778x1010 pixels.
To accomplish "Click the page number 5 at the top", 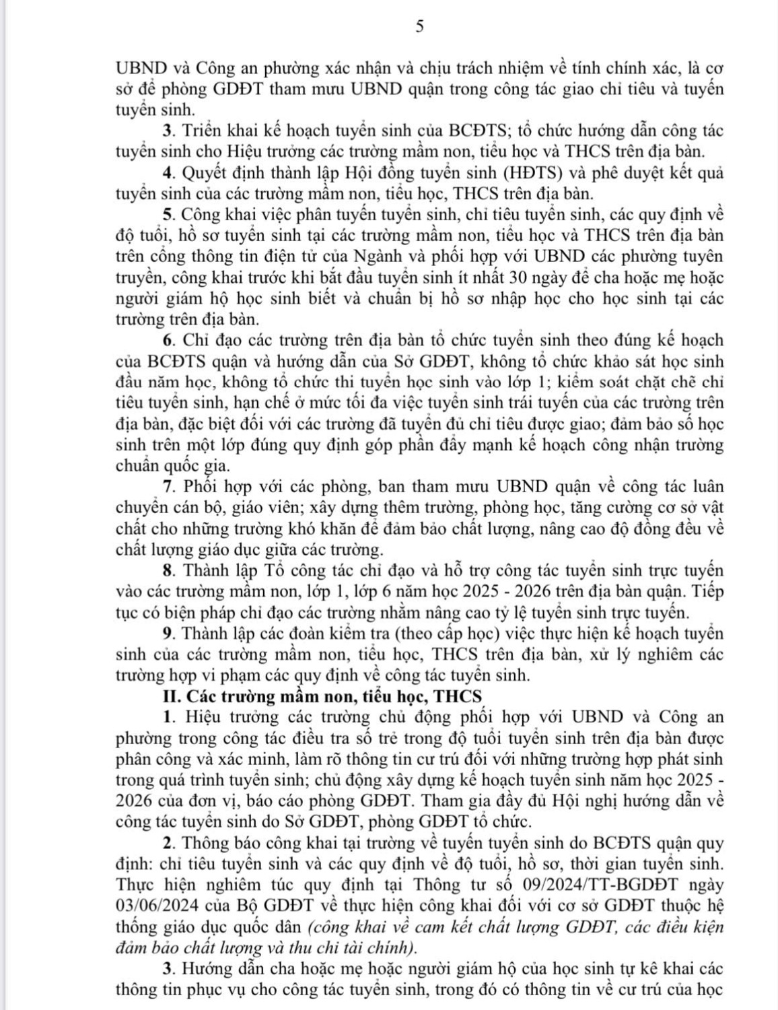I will click(x=419, y=26).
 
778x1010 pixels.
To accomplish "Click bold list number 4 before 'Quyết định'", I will click(x=167, y=173).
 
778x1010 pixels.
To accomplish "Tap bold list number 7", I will click(x=167, y=486).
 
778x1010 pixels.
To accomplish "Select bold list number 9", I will click(x=167, y=634).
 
